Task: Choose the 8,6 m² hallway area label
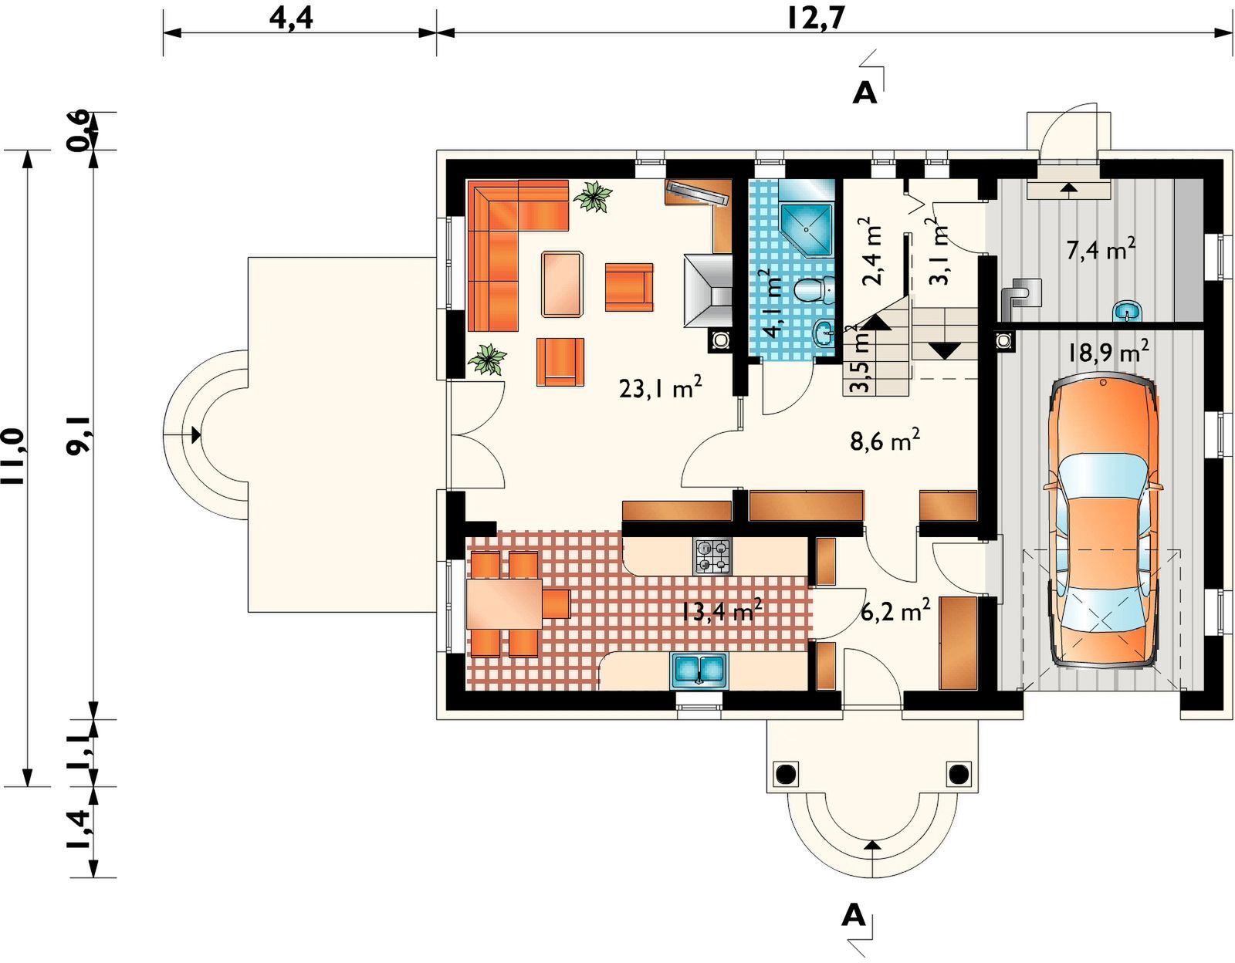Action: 885,441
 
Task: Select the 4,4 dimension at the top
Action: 291,19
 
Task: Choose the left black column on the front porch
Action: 785,774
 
